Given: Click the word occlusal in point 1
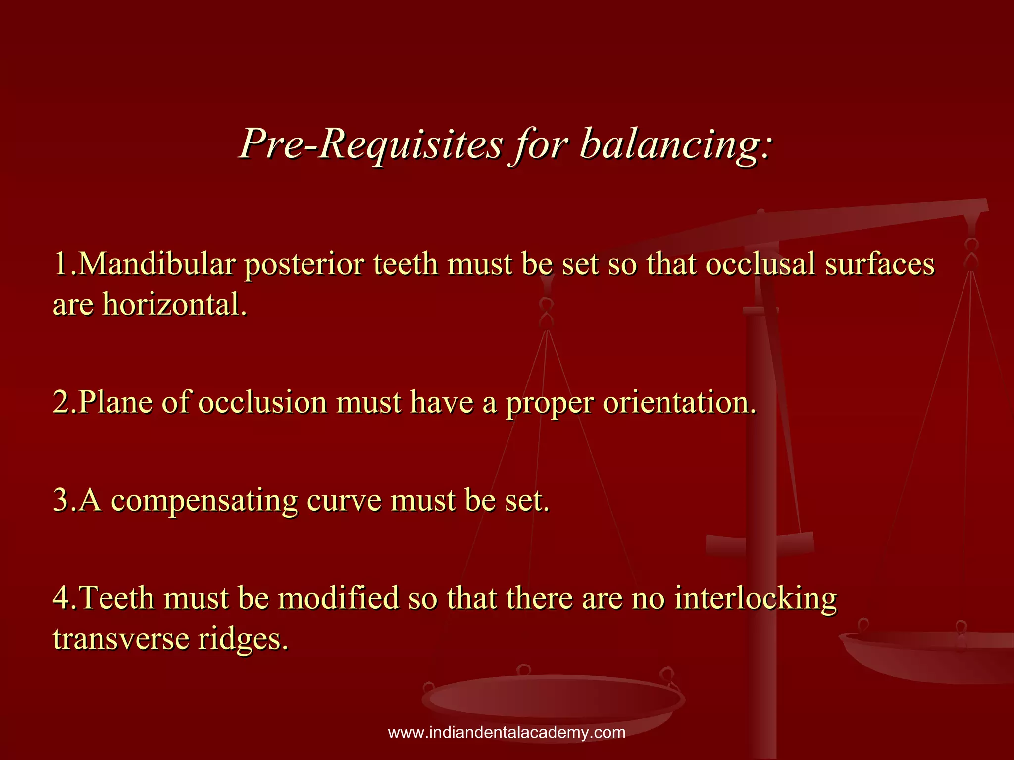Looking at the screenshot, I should (x=760, y=264).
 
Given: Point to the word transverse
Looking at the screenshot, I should (x=121, y=638).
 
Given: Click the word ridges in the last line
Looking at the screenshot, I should (x=243, y=638).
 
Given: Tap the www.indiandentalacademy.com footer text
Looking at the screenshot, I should (x=507, y=732).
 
